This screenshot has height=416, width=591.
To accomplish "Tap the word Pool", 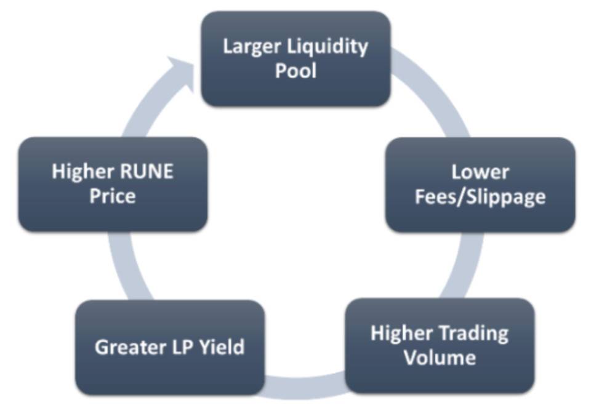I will pos(295,70).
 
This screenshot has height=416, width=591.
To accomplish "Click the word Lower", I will pos(480,172).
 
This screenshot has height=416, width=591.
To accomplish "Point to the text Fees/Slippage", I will pos(480,197).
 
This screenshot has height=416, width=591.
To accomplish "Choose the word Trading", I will pos(473,334).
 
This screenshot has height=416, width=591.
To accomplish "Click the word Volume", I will pos(440,358).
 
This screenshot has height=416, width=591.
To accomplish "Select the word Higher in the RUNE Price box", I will pos(80,172).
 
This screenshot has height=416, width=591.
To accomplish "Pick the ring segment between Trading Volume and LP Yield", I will pos(305,385).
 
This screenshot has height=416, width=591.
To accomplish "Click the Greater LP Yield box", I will pos(170,347).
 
